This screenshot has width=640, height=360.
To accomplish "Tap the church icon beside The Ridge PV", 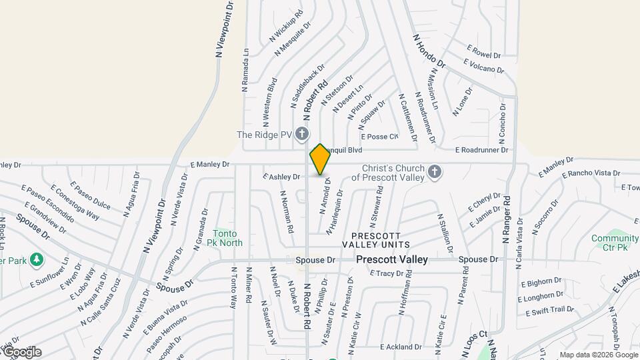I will pos(302,135).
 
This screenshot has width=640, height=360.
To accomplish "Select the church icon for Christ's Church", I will pos(435,172).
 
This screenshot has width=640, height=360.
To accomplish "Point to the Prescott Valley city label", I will pos(391,259).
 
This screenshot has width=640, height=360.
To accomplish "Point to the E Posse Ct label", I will pos(379,137).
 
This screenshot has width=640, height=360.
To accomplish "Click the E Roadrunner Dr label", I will pos(482,151).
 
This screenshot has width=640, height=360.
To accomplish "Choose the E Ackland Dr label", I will pos(401,347).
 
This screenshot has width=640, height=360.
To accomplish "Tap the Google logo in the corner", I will pos(21,351).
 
